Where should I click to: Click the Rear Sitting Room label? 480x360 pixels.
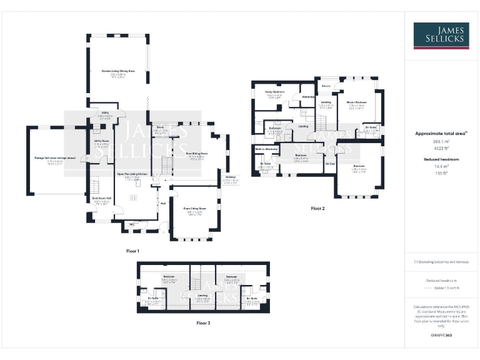pos(195,153)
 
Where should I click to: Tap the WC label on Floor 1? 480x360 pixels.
pos(132,224)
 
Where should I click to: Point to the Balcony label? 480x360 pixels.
pos(326,86)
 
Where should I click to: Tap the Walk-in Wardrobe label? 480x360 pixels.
pos(266,149)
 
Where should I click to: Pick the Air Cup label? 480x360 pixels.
pos(330,164)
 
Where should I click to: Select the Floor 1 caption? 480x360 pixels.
pos(132,251)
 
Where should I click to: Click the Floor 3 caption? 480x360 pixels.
pos(203,323)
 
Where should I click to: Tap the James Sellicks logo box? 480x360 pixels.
pos(442,36)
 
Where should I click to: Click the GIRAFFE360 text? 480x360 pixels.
pos(441,336)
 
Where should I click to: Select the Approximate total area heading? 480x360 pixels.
pos(441,134)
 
